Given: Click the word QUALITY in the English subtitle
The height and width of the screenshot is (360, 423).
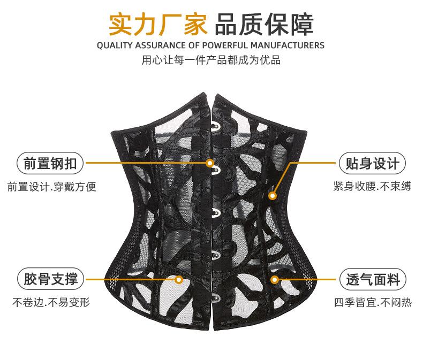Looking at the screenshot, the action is (x=115, y=45).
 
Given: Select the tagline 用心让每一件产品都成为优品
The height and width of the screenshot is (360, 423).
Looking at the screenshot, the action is (x=211, y=60).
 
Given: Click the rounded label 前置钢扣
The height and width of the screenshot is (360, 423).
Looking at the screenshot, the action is (x=50, y=163).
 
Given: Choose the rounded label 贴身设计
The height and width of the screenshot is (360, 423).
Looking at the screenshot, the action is (x=373, y=163).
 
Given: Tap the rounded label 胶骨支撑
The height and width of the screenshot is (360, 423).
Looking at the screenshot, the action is (x=50, y=279).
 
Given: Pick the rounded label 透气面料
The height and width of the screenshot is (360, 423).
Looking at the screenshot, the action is (x=373, y=279).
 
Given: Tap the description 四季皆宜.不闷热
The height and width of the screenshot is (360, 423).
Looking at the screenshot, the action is (x=373, y=303).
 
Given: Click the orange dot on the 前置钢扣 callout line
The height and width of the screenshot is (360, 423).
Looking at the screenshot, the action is (x=210, y=163).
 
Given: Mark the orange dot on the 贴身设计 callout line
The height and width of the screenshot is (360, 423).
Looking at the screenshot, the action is (x=273, y=196).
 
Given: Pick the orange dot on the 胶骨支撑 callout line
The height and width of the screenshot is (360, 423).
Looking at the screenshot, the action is (x=179, y=279).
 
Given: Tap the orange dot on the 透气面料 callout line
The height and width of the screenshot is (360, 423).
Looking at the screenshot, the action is (x=274, y=279).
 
